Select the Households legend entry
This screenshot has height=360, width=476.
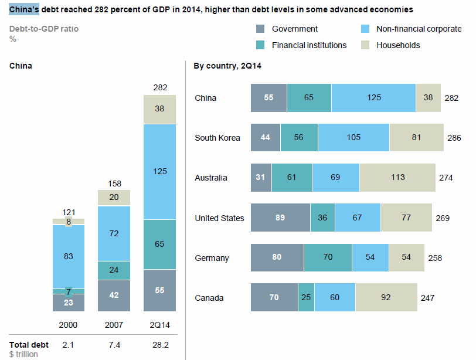click(398, 45)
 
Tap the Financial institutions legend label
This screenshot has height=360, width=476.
click(310, 45)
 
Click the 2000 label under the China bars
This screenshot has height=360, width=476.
click(69, 324)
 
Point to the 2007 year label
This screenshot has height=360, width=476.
click(114, 324)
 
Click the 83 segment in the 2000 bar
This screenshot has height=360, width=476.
click(69, 256)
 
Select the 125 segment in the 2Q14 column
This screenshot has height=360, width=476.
click(160, 171)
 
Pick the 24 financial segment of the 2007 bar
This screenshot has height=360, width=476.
click(114, 270)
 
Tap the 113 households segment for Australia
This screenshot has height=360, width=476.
click(397, 178)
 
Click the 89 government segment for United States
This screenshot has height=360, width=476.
click(280, 218)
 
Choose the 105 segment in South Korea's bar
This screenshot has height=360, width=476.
click(353, 138)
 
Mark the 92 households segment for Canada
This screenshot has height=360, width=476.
click(386, 298)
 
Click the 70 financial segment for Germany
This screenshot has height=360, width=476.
click(328, 258)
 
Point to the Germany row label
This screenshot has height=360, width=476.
click(212, 258)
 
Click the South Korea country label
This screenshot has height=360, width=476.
click(217, 138)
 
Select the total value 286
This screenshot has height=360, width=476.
click(454, 138)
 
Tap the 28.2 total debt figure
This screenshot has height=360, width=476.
click(160, 345)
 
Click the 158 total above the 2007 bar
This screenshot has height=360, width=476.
click(114, 184)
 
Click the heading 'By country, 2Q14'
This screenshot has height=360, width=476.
click(227, 66)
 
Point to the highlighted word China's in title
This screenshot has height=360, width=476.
click(25, 9)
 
